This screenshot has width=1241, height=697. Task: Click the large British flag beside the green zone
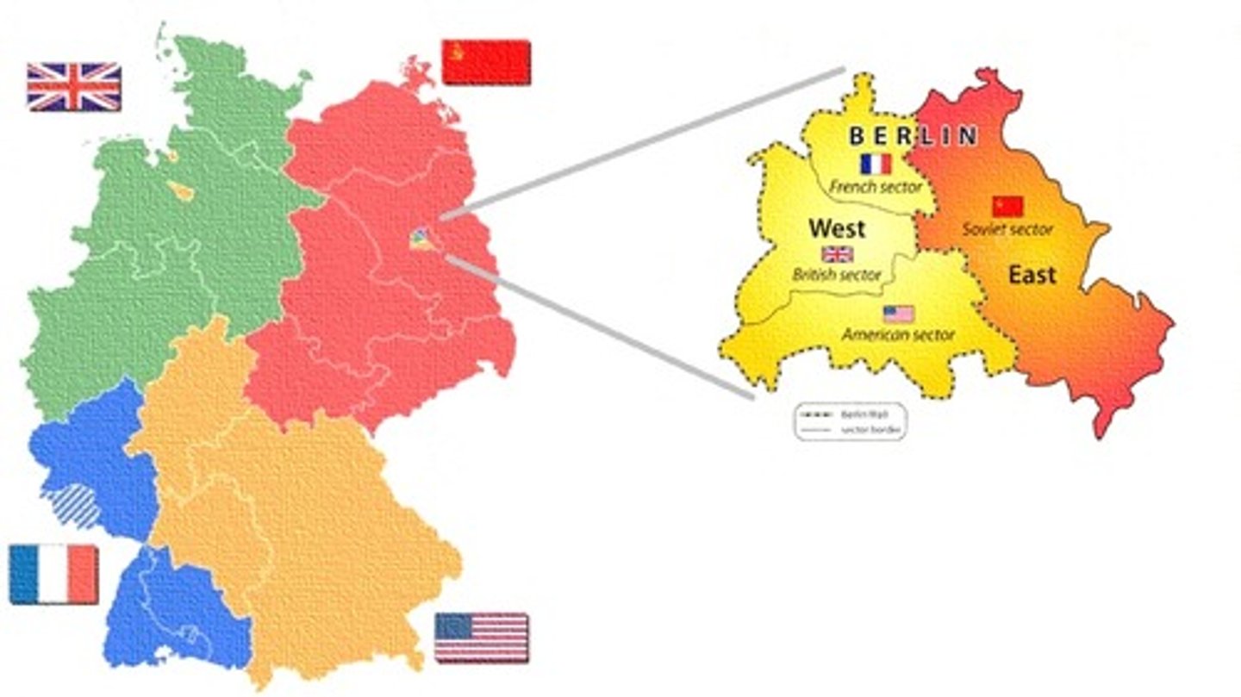click(x=73, y=87)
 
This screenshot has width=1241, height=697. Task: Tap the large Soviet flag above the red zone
click(x=486, y=62)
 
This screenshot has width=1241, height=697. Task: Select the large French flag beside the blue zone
click(x=54, y=575)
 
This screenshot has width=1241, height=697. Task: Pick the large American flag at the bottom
click(x=482, y=638)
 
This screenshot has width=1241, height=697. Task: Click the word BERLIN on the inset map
click(x=914, y=136)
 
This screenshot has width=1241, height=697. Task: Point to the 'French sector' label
click(x=875, y=186)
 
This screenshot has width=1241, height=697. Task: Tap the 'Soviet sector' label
click(x=1007, y=229)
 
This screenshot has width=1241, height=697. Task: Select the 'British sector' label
click(x=836, y=275)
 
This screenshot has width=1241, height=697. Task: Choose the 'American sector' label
click(x=899, y=334)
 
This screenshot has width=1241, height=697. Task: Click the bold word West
click(x=837, y=229)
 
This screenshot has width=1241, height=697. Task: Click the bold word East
click(x=1032, y=275)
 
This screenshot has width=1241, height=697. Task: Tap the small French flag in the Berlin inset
click(x=876, y=164)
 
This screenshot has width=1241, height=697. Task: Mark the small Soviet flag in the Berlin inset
click(x=1007, y=206)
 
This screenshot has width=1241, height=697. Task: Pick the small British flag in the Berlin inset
click(x=837, y=254)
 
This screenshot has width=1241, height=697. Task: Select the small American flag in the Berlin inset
click(x=899, y=314)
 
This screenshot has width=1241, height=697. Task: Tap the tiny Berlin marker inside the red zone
click(x=422, y=239)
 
